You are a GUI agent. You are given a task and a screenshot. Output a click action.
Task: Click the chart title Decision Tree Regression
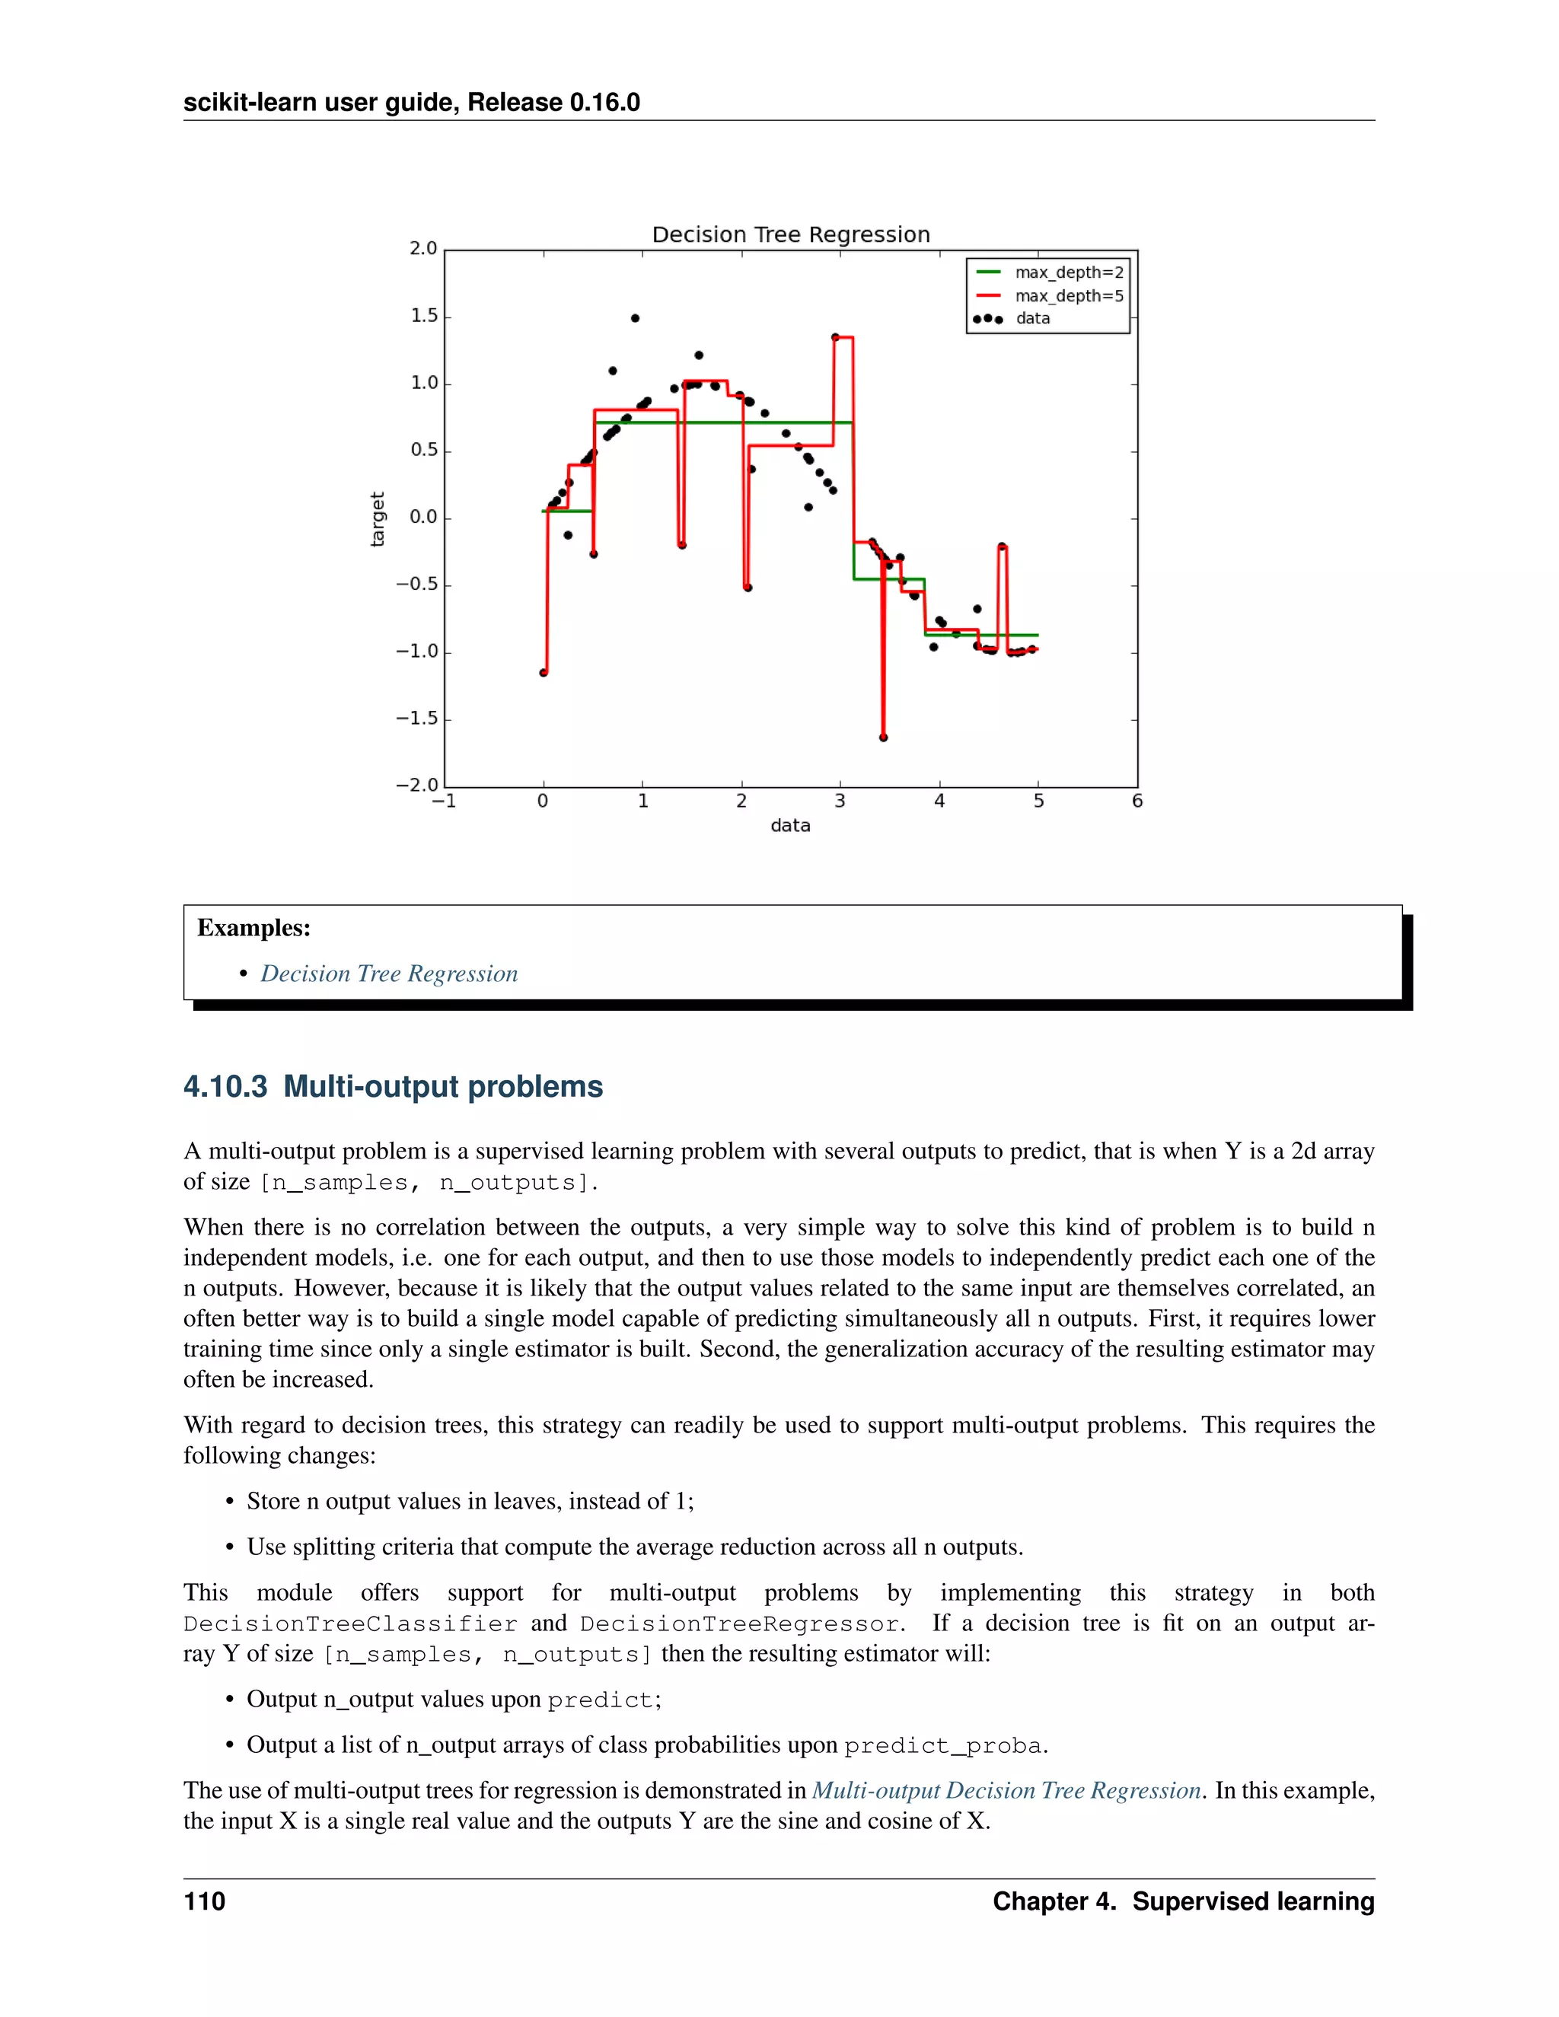pyautogui.click(x=791, y=234)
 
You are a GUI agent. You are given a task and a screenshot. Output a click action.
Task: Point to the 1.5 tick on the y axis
pyautogui.click(x=424, y=316)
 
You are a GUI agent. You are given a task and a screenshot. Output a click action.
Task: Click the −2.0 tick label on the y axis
pyautogui.click(x=416, y=785)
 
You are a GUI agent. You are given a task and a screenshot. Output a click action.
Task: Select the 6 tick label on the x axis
pyautogui.click(x=1137, y=801)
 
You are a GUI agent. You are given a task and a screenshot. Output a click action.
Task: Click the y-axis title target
pyautogui.click(x=377, y=519)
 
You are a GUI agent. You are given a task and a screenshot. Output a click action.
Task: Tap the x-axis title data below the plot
pyautogui.click(x=791, y=826)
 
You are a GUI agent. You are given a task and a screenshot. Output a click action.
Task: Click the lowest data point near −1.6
pyautogui.click(x=884, y=738)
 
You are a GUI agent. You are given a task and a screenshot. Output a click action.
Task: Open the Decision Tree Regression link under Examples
pyautogui.click(x=389, y=973)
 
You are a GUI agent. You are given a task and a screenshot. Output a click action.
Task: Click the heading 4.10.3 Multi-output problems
pyautogui.click(x=393, y=1086)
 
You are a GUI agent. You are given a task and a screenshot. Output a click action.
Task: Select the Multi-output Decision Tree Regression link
pyautogui.click(x=1006, y=1790)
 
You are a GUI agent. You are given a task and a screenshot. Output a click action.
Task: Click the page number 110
pyautogui.click(x=204, y=1901)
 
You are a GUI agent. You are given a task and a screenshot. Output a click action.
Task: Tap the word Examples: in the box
pyautogui.click(x=254, y=928)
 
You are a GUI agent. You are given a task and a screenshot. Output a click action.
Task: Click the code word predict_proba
pyautogui.click(x=943, y=1745)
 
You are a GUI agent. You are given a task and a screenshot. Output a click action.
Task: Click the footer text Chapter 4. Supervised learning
pyautogui.click(x=1183, y=1901)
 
